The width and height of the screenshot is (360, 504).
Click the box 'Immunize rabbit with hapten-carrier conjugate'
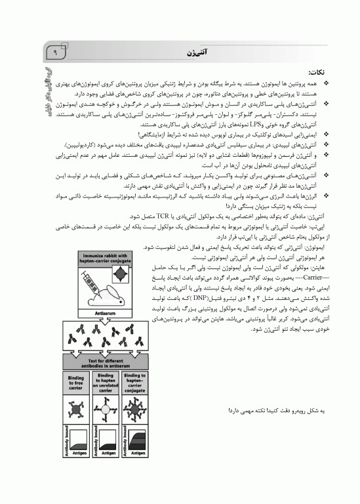coord(106,258)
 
